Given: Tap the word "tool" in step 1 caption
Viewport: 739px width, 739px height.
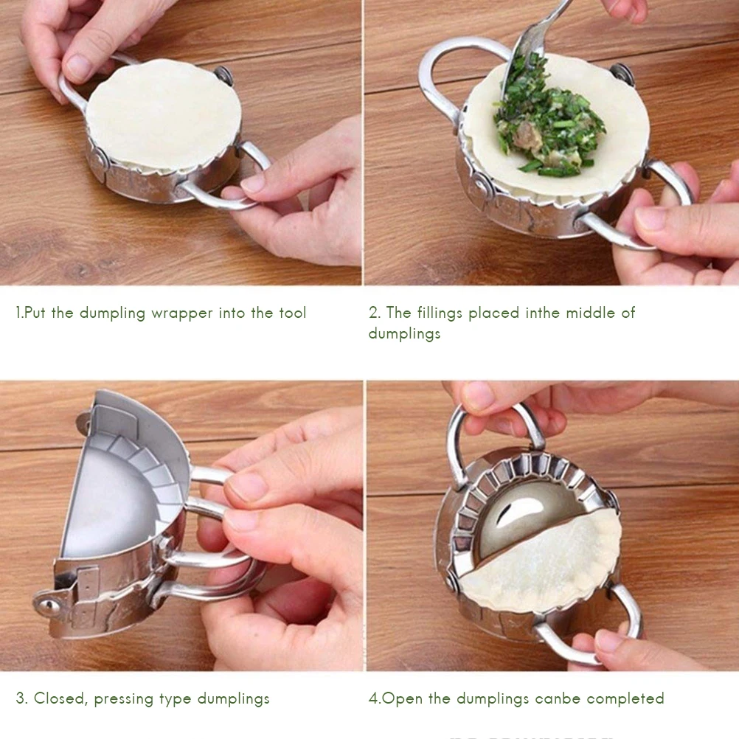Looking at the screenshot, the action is click(293, 313).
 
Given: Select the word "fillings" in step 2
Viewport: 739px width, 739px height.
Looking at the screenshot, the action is click(440, 313).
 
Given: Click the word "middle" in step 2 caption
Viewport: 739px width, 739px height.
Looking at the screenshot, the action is click(590, 313).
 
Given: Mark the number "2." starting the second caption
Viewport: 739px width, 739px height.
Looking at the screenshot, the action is click(375, 313).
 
